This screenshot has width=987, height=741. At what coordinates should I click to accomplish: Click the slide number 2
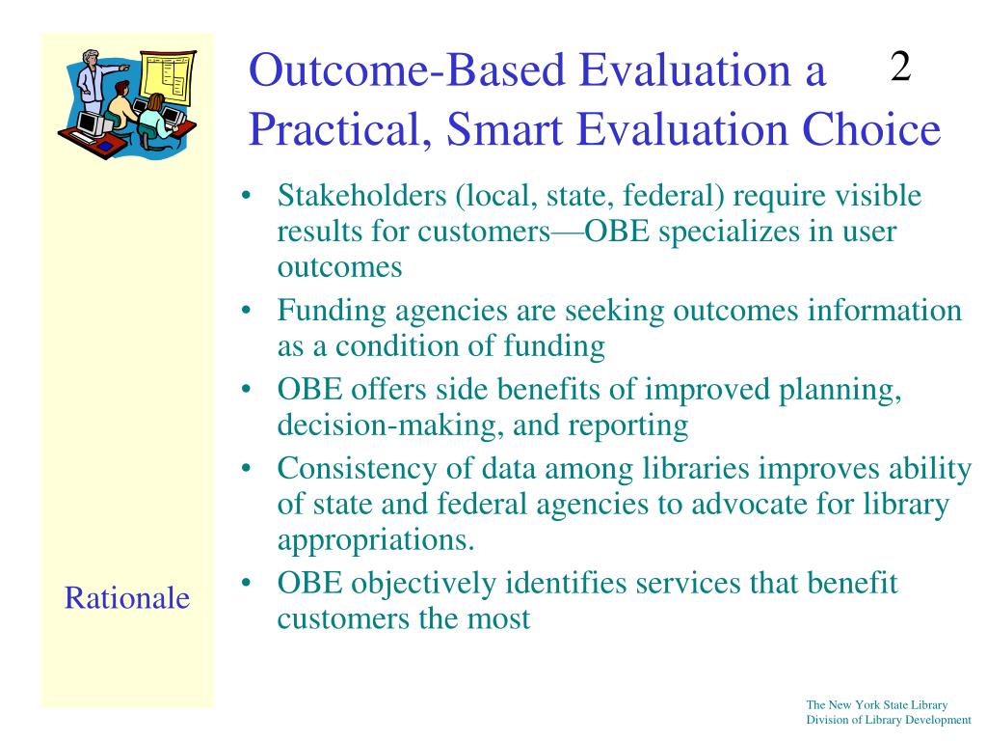[x=901, y=67]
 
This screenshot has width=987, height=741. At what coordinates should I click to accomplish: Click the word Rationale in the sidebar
[x=127, y=597]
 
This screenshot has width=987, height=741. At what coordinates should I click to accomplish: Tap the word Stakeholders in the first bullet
[x=362, y=195]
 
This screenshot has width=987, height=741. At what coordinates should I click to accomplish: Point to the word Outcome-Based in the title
[x=408, y=69]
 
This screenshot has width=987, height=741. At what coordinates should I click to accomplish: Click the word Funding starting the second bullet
[x=332, y=312]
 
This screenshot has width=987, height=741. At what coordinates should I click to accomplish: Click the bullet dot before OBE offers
[x=246, y=390]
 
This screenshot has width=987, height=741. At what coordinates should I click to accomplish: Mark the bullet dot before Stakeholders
[x=246, y=195]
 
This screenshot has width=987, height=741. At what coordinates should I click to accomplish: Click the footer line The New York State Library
[x=877, y=705]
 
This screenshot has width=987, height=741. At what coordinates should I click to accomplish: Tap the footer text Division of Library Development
[x=889, y=720]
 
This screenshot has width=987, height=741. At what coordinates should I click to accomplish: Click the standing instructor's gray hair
[x=92, y=54]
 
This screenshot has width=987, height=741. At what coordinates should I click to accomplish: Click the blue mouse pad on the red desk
[x=104, y=146]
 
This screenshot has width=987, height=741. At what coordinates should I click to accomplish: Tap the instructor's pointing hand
[x=124, y=67]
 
